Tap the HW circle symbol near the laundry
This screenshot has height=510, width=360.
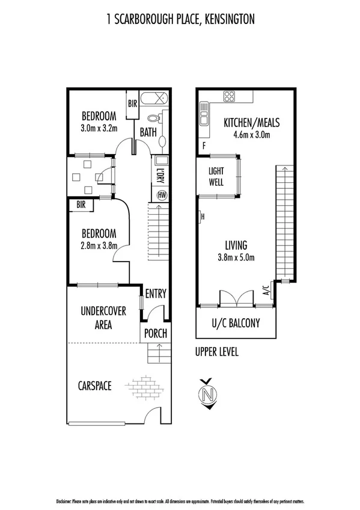click(x=161, y=195)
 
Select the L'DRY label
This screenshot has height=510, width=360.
click(x=160, y=177)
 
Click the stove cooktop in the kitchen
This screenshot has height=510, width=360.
click(x=229, y=96)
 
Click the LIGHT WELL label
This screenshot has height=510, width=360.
click(x=216, y=176)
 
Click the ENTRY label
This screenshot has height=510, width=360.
click(x=155, y=294)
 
